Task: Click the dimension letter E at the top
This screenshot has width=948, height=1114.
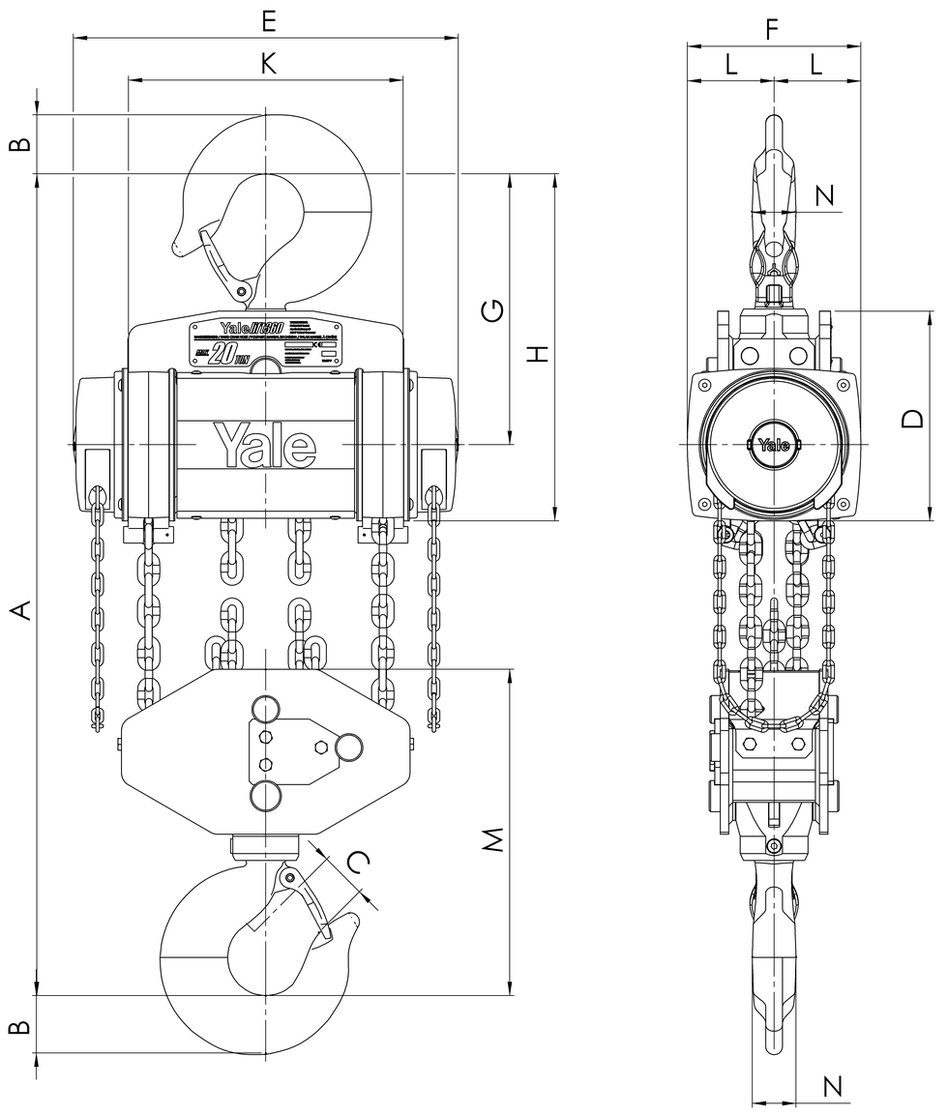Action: coord(269,20)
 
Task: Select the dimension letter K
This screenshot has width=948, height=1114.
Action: coord(269,64)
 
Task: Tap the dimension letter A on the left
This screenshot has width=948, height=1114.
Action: coord(20,609)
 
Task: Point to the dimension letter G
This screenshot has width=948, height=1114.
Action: coord(492,310)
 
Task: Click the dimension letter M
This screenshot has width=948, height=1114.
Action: coord(494,839)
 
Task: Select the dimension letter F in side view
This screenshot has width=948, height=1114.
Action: coord(772,29)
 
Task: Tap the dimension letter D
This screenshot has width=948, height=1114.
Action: coord(912,418)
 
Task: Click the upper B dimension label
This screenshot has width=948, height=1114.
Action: coord(20,145)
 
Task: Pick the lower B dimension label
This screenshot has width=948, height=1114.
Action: coord(20,1026)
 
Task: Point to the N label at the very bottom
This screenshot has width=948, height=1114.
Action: coord(832,1085)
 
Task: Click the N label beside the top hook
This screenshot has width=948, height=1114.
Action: coord(824,196)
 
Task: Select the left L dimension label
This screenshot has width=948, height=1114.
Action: coord(730,65)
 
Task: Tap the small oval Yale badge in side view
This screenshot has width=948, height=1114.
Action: coord(773,445)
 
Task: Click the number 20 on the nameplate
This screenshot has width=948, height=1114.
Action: coord(224,355)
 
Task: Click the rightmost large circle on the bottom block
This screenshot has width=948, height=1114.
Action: coord(348,746)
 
